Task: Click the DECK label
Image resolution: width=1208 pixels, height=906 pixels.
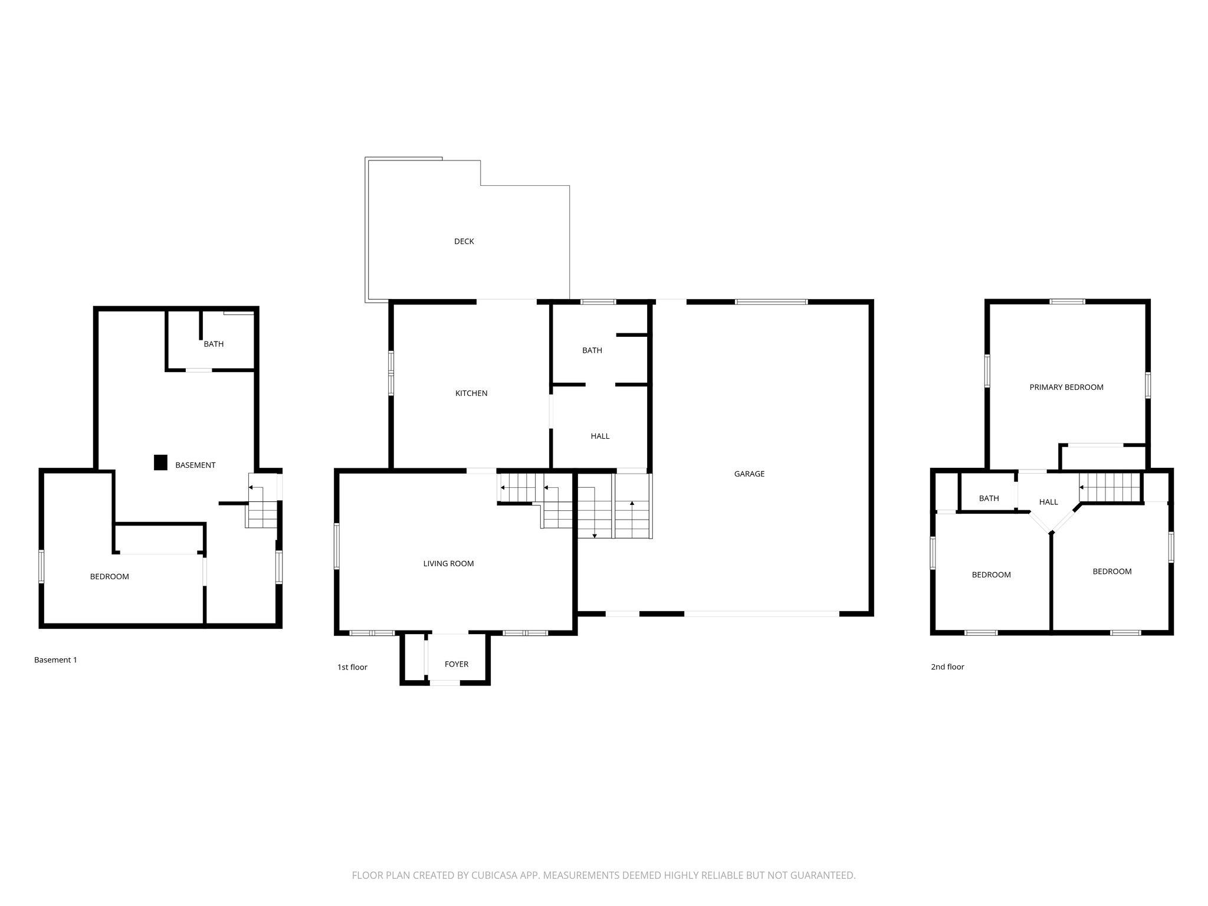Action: coord(464,241)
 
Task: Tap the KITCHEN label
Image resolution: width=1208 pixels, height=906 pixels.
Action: coord(471,393)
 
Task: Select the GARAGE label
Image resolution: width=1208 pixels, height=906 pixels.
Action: coord(749,474)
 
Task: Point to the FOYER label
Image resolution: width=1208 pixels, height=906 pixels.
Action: coord(456,664)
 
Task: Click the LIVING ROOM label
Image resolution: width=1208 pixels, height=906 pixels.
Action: coord(448,564)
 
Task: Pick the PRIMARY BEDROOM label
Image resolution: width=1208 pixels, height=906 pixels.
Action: coord(1066,388)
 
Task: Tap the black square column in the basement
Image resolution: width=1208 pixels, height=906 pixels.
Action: coord(160,462)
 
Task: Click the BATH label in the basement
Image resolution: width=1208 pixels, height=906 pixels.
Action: coord(214,344)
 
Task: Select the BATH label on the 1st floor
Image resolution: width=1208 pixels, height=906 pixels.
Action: coord(592,350)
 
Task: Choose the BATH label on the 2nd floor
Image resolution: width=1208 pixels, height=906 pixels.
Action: coord(989,498)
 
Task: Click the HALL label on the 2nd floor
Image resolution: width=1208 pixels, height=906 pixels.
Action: coord(1048,502)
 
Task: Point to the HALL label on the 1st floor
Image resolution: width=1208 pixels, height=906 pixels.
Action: coord(600,436)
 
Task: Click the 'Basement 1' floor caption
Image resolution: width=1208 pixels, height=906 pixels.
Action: coord(55,660)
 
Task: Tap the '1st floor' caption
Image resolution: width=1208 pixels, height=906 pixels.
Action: coord(352,667)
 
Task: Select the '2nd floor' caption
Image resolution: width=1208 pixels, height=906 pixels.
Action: coord(947,667)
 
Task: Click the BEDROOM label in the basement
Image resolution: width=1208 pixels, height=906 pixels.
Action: coord(109,577)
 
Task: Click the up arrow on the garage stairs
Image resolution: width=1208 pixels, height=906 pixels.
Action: coord(632,504)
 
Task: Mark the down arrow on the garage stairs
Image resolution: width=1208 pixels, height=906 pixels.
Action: coord(595,535)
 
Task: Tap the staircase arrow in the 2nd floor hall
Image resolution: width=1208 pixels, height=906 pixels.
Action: coord(1082,488)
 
